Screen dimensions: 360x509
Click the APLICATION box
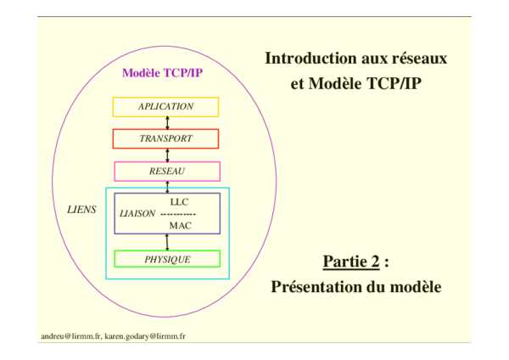pyautogui.click(x=166, y=107)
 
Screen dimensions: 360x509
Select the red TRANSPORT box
pyautogui.click(x=166, y=138)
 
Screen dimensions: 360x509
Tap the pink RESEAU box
pyautogui.click(x=166, y=171)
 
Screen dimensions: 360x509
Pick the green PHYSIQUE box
pyautogui.click(x=167, y=259)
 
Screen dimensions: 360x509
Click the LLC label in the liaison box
pyautogui.click(x=179, y=202)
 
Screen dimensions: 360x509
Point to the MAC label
pyautogui.click(x=179, y=225)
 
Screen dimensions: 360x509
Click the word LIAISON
pyautogui.click(x=138, y=214)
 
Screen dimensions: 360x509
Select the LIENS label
pyautogui.click(x=81, y=208)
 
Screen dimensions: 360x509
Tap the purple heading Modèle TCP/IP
pyautogui.click(x=162, y=73)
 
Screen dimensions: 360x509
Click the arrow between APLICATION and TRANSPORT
pyautogui.click(x=166, y=122)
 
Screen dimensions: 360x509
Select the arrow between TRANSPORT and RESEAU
pyautogui.click(x=166, y=155)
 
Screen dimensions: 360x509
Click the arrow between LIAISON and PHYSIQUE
pyautogui.click(x=166, y=242)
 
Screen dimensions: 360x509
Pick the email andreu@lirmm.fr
pyautogui.click(x=71, y=336)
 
